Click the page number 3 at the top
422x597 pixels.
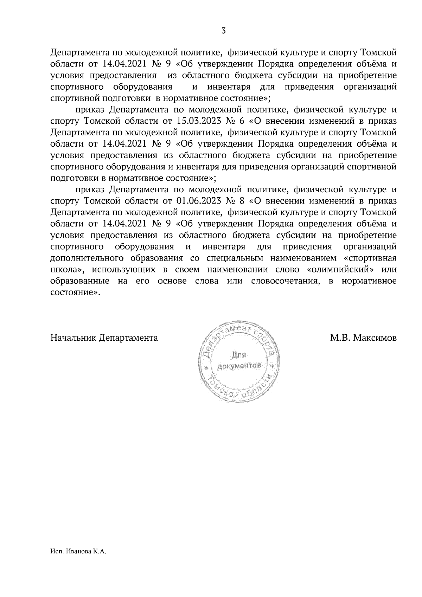(224, 31)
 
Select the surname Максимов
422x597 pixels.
(375, 338)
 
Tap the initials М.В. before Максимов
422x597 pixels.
(339, 338)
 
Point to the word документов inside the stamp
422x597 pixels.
(239, 366)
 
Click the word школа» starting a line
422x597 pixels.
(66, 270)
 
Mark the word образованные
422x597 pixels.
(79, 281)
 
